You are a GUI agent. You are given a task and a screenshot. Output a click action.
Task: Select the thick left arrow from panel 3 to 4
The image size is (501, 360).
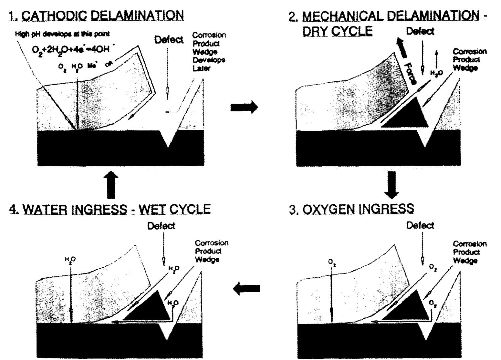246,288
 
